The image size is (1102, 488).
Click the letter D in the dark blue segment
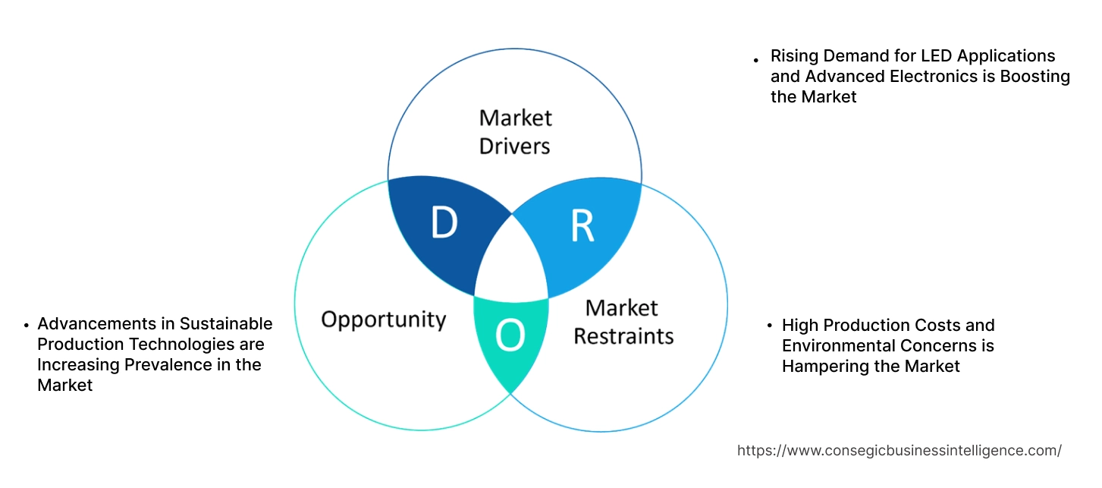(444, 222)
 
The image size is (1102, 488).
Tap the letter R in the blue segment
(582, 226)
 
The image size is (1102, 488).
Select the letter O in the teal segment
(510, 336)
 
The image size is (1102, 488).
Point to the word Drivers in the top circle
(514, 145)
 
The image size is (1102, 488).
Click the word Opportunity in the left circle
(383, 319)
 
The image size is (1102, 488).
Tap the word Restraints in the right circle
(623, 335)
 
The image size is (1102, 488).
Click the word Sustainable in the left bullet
(225, 324)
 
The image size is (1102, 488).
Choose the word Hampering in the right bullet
(822, 367)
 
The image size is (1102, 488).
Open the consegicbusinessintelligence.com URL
(899, 450)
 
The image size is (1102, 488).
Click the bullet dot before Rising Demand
(756, 59)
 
